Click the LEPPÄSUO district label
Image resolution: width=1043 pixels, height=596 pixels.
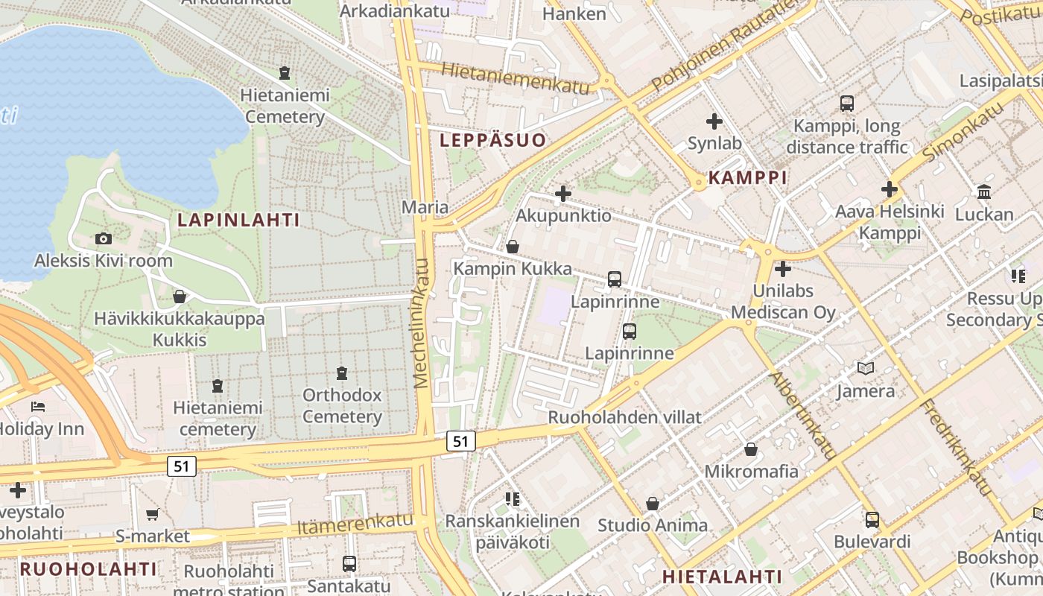[x=492, y=140]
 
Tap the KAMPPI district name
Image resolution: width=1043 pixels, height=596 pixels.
[x=747, y=177]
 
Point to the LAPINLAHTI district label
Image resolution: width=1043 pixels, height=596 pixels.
[x=238, y=220]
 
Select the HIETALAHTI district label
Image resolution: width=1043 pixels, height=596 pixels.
[x=722, y=577]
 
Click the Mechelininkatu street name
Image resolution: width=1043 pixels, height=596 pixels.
[x=422, y=323]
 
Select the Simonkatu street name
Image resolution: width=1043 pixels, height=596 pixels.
[x=963, y=131]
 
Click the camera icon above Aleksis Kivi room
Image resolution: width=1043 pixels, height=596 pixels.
[x=104, y=238]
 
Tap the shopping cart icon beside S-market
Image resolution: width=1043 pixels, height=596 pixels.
[x=153, y=514]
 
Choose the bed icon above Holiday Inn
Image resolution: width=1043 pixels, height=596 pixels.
[x=38, y=407]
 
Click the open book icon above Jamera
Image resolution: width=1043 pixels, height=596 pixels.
[x=865, y=368]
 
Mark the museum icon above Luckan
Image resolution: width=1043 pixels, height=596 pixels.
[x=984, y=192]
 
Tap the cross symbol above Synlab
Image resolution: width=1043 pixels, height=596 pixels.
[x=714, y=121]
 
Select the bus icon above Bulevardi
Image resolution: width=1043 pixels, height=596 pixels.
[x=872, y=519]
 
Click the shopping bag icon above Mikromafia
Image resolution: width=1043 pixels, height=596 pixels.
[x=751, y=449]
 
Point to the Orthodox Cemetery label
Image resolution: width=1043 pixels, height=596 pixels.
[x=342, y=405]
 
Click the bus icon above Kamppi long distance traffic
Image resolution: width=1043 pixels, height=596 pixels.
[x=846, y=104]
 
